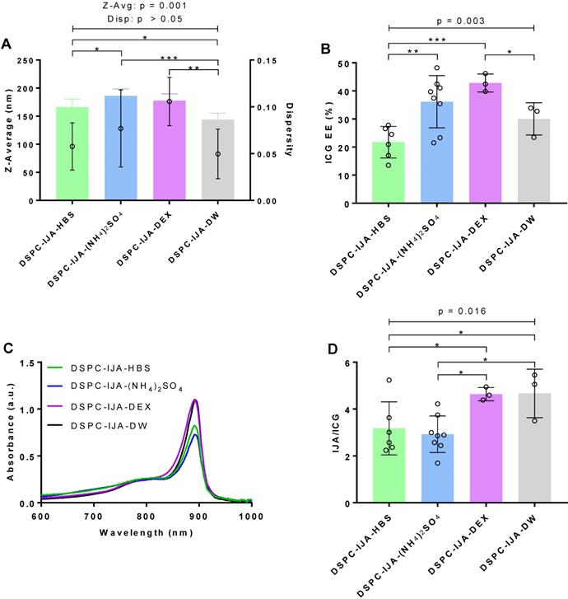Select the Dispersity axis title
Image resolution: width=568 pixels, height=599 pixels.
(x=289, y=130)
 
